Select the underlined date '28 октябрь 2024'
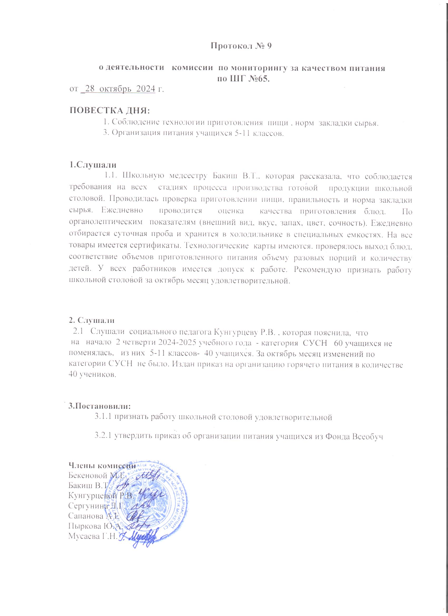point(119,89)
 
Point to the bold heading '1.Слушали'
point(93,165)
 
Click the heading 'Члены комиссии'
point(102,465)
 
